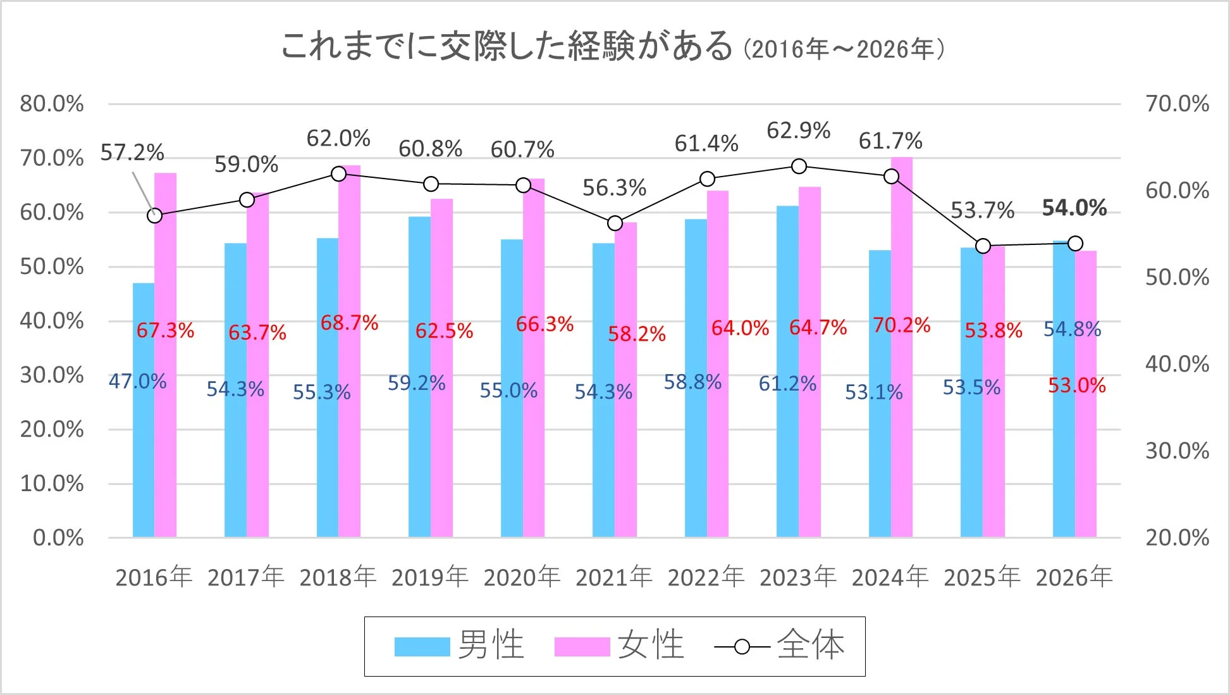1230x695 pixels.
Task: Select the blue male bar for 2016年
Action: point(144,443)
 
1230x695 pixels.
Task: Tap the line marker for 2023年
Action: point(799,166)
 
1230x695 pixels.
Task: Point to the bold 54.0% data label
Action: point(1074,208)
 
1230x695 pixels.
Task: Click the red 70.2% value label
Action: point(901,325)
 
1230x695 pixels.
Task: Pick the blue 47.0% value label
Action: point(137,381)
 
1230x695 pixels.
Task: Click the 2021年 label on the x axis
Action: point(613,577)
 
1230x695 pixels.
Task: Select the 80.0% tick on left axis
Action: point(52,104)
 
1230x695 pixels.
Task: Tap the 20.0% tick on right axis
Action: point(1177,537)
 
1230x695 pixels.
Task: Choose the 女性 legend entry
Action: point(620,646)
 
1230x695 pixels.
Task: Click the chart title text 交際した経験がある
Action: point(506,46)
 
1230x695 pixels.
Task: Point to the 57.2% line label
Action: point(132,153)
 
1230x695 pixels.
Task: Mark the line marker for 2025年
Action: point(983,246)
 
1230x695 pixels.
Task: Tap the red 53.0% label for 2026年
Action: point(1076,385)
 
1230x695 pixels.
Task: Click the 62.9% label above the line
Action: point(798,130)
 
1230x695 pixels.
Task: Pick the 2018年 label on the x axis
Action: point(338,577)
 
